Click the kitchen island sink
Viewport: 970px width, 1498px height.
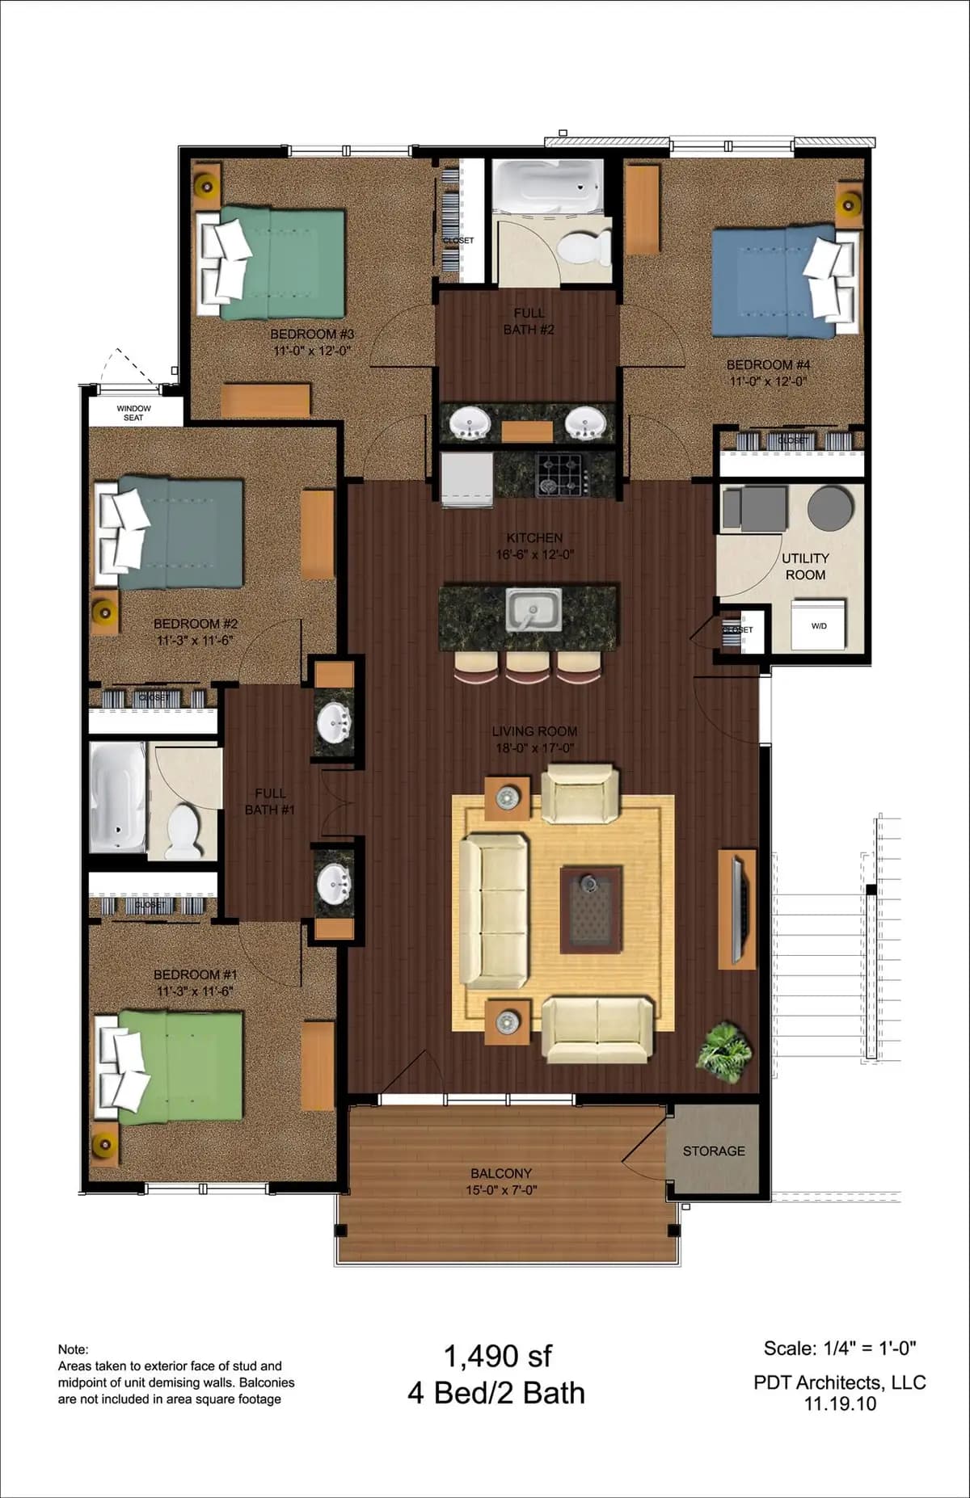coord(533,609)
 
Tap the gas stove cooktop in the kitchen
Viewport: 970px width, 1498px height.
coord(564,473)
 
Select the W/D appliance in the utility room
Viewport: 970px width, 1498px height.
coord(819,624)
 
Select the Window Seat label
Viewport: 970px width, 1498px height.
coord(133,413)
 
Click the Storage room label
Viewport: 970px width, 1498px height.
coord(714,1151)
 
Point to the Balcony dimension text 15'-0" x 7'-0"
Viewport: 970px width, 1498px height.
coord(501,1189)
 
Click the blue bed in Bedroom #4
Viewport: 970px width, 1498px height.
coord(772,283)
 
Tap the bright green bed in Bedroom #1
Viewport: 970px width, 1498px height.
coord(182,1067)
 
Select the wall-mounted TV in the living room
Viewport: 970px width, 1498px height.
coord(737,909)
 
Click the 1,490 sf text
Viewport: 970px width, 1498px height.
coord(497,1357)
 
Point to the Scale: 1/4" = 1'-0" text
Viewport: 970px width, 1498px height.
coord(839,1348)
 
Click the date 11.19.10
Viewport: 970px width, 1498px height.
coord(840,1403)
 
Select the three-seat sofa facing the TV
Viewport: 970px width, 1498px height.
coord(493,911)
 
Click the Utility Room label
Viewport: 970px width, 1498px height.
coord(805,566)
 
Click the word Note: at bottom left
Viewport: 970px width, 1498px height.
coord(73,1349)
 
